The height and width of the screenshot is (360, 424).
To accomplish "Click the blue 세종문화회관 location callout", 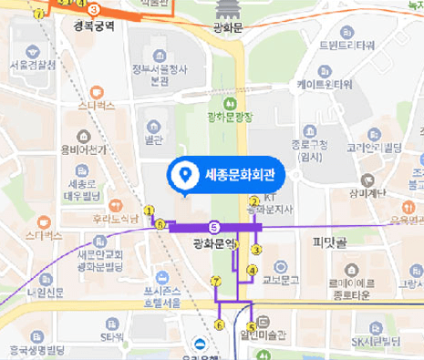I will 227,174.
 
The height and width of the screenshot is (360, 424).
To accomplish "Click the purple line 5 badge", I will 213,227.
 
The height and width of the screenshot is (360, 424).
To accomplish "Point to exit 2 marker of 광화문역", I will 253,201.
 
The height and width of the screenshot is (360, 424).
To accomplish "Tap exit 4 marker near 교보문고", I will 253,270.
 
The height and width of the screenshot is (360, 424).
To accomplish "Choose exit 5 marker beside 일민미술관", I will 251,327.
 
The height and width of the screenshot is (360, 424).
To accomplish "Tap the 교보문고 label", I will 282,282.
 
